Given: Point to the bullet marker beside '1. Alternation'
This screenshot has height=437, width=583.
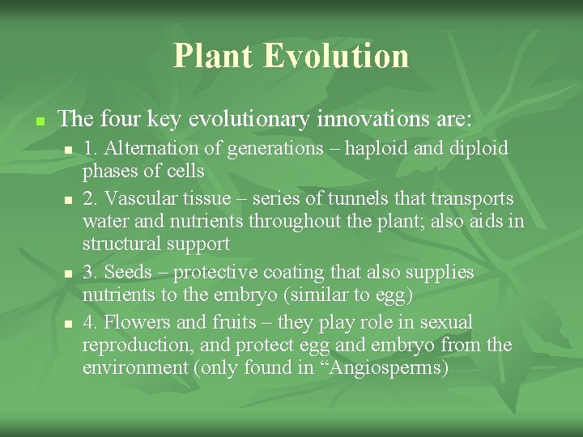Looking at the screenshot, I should (68, 151).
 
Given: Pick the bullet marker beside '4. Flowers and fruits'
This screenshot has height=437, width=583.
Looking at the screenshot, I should (68, 324).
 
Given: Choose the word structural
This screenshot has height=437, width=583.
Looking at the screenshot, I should (122, 244).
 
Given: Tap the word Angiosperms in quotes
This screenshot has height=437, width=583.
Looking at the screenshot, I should (385, 367).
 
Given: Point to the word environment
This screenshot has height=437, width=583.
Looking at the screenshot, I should (134, 367).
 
